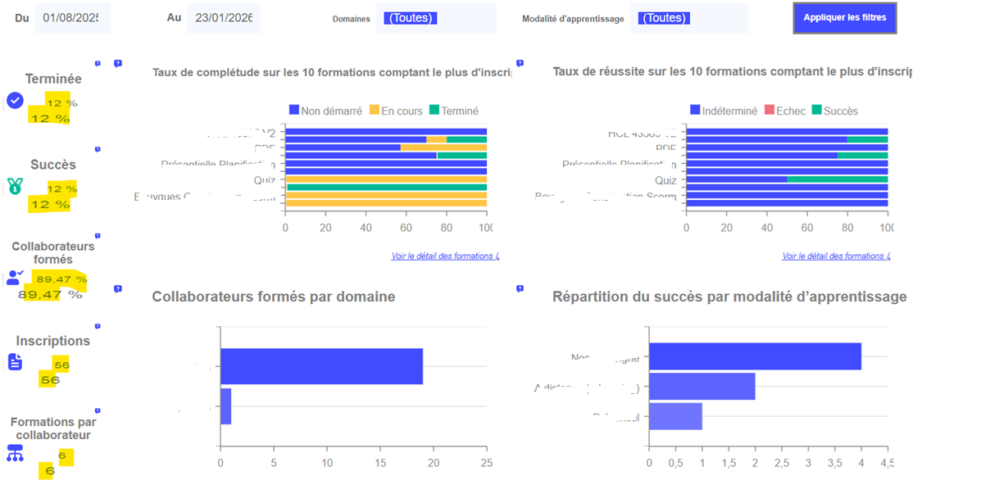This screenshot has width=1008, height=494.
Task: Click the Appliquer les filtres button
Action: tap(844, 18)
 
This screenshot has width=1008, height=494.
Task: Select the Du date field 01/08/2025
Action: tap(72, 18)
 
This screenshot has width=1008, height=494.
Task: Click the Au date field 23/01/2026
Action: tap(223, 18)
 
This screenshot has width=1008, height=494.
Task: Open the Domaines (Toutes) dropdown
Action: tap(436, 18)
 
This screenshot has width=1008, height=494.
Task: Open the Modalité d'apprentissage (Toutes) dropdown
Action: tap(688, 18)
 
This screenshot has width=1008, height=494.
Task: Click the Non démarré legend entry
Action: tap(325, 111)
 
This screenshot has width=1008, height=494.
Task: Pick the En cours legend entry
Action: tap(396, 111)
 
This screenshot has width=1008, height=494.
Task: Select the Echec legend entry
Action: tap(784, 111)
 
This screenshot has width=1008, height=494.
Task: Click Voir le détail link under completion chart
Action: tap(444, 256)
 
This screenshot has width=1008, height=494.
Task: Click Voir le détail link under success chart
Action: tap(835, 256)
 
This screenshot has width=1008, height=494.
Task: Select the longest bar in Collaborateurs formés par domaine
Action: tap(321, 366)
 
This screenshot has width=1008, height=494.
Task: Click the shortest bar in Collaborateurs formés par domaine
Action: tap(225, 406)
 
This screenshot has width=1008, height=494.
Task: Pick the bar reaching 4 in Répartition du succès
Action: tap(755, 356)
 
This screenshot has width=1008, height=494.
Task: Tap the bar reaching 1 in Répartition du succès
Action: tap(675, 416)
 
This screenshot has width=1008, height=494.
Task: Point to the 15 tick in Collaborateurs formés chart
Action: tap(379, 463)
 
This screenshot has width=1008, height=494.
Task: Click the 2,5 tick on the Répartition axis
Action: tap(782, 463)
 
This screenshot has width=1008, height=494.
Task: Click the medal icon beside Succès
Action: tap(15, 187)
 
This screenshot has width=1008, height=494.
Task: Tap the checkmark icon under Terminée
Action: tap(15, 101)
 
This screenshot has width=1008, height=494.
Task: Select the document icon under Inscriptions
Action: tap(15, 361)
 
